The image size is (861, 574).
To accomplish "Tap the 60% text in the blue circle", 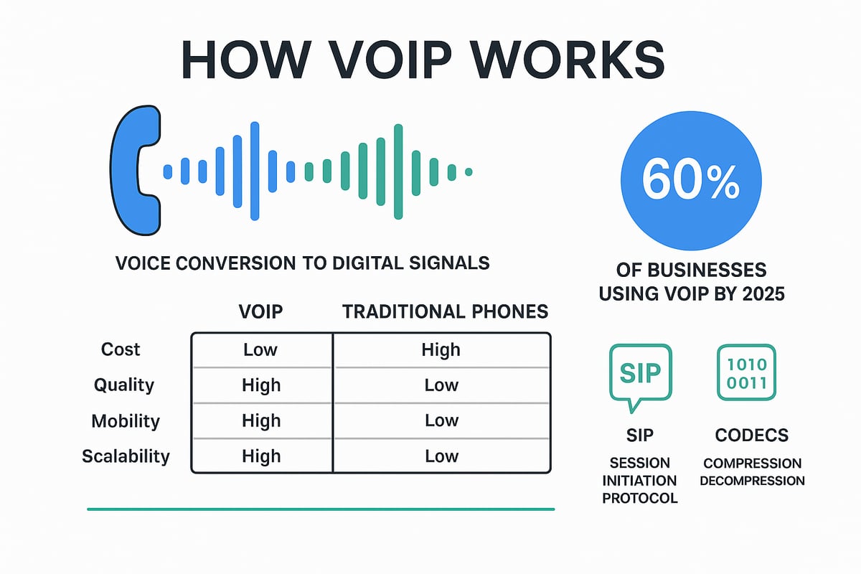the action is (x=690, y=180).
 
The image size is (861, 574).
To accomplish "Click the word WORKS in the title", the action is (x=568, y=60).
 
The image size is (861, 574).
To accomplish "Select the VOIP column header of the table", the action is (x=260, y=311).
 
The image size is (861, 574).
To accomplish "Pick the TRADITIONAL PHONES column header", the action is (x=445, y=311).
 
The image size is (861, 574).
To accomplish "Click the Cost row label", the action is (x=121, y=349).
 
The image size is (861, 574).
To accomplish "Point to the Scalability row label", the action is (x=126, y=456).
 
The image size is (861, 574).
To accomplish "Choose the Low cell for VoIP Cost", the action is (x=260, y=349).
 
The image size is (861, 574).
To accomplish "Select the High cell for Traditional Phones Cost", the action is (x=441, y=350).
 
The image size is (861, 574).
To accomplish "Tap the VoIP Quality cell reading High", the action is (x=261, y=385).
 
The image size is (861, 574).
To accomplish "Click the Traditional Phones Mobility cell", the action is (x=442, y=420).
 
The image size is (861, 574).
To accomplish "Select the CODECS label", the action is (x=752, y=436).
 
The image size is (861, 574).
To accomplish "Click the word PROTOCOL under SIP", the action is (x=640, y=498).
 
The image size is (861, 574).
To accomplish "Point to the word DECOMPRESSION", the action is (x=752, y=481).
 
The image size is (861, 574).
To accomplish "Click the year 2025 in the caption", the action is (x=763, y=294).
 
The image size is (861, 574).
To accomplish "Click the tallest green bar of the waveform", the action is (x=398, y=172).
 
